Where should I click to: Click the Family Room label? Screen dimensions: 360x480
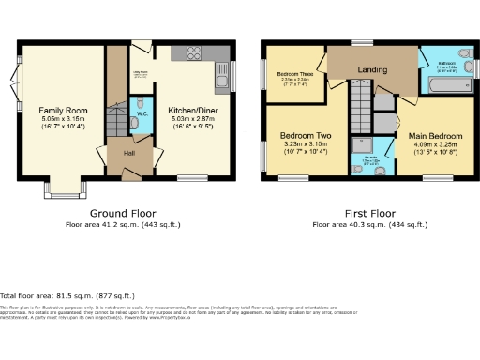pyautogui.click(x=63, y=110)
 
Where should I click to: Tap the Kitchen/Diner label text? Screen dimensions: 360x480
pyautogui.click(x=192, y=110)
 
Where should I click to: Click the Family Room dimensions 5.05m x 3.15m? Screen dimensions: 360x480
pyautogui.click(x=62, y=119)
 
